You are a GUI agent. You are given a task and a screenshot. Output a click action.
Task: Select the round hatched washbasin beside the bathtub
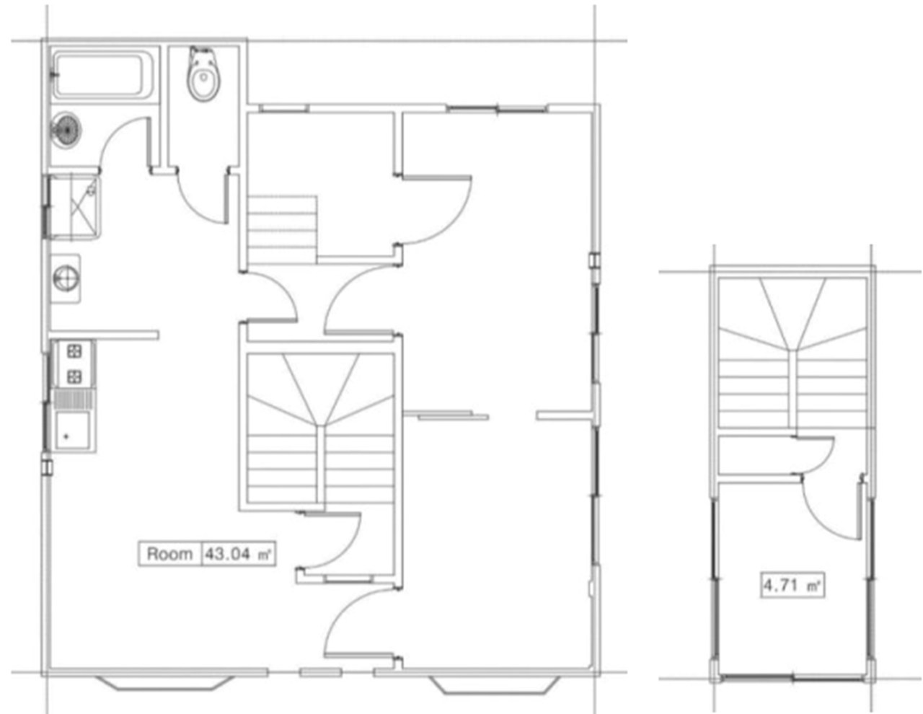point(66,131)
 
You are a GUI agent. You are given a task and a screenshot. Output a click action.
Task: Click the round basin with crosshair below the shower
point(66,278)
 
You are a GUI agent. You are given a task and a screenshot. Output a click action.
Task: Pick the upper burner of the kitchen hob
point(75,351)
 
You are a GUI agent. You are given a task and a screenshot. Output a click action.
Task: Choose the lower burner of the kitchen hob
point(75,376)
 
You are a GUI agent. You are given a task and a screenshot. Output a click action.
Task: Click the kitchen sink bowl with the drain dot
point(72,430)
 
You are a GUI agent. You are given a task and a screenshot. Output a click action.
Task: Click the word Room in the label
point(169,554)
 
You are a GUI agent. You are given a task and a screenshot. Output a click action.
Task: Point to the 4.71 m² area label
point(792,586)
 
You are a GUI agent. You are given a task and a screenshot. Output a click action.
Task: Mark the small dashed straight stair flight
point(282,229)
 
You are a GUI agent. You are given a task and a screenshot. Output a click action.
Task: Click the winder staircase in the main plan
point(321,428)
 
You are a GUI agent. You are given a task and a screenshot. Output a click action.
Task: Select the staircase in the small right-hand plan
point(792,353)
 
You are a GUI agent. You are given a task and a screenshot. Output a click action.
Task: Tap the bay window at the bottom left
point(165,682)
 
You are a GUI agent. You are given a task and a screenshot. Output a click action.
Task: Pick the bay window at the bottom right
point(495,684)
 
